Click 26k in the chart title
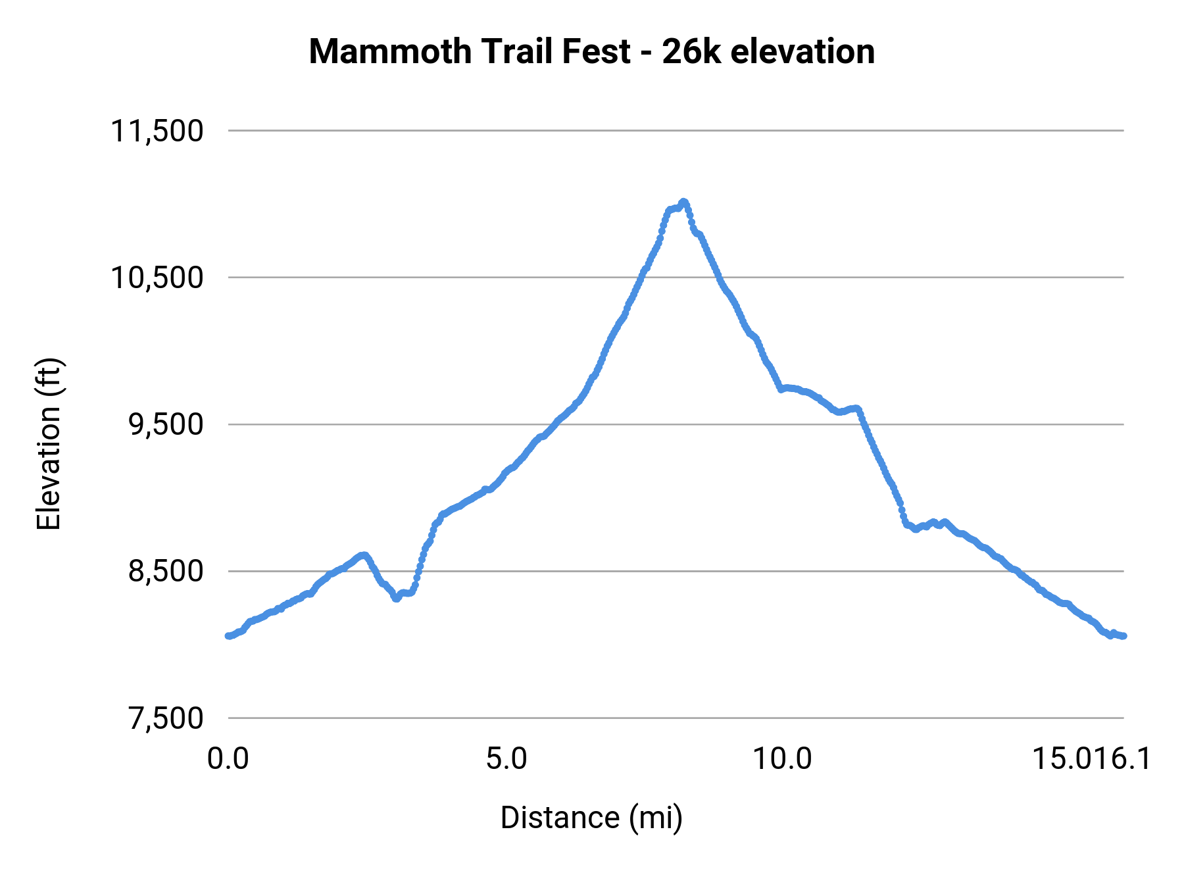(691, 52)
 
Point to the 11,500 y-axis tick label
(157, 131)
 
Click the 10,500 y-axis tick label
(157, 278)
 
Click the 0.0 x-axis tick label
(228, 758)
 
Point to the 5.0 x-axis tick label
(506, 758)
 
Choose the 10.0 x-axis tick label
(782, 758)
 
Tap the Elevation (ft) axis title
(49, 444)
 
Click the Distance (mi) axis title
(591, 818)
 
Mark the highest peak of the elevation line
(683, 201)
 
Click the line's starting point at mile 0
(228, 635)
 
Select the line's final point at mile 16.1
(1124, 635)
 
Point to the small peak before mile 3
(363, 555)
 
